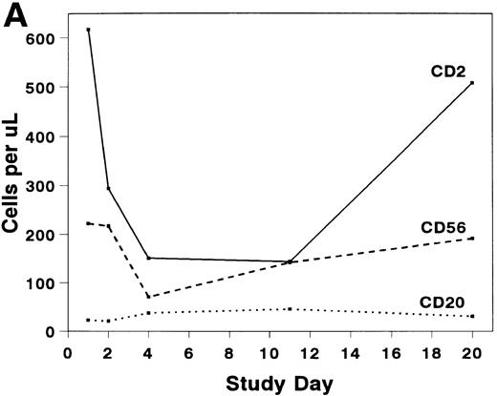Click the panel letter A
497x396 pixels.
coord(21,15)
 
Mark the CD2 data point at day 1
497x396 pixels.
coord(89,30)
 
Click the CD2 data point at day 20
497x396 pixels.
coord(472,83)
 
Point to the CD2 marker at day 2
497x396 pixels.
coord(109,188)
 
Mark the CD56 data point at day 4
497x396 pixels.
coord(149,297)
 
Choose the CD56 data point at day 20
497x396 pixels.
coord(472,238)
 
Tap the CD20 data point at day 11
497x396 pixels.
coord(291,309)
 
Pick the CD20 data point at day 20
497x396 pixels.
coord(472,317)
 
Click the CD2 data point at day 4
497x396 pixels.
coord(149,258)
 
